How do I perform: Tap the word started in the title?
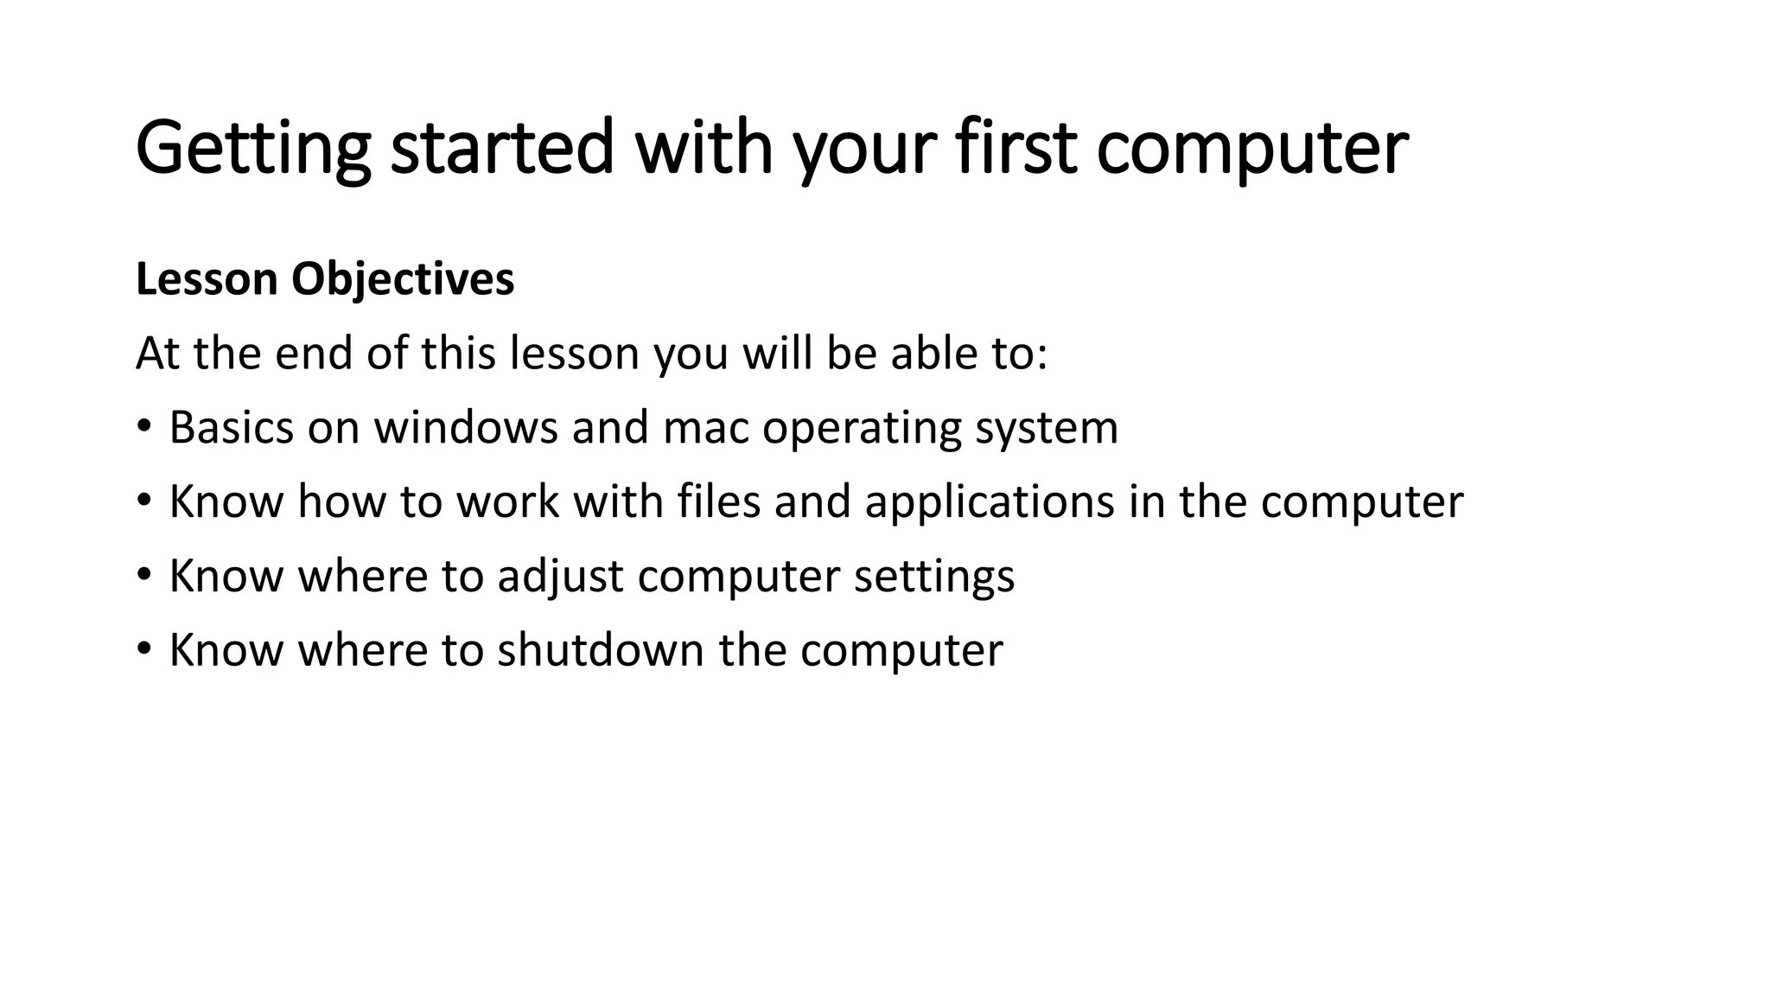(x=502, y=149)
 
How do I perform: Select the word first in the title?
(x=1016, y=149)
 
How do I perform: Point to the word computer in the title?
(x=1252, y=149)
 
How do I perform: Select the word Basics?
(x=232, y=427)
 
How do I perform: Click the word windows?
(x=466, y=427)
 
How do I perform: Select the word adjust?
(x=560, y=577)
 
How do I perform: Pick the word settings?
(x=933, y=577)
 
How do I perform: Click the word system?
(x=1047, y=429)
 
